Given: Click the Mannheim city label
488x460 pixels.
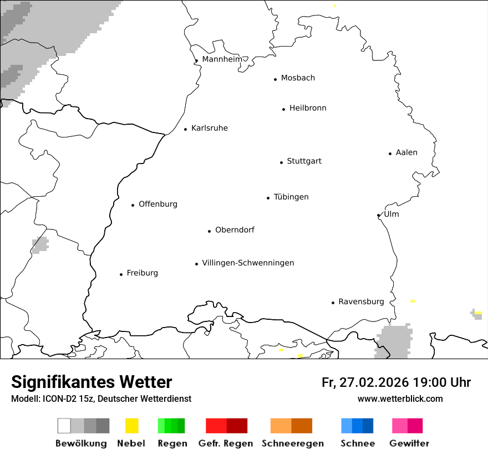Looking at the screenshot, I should coord(222,59).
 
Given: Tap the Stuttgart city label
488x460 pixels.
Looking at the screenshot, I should coord(304,161).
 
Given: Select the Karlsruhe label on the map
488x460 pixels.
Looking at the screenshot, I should coord(209,128).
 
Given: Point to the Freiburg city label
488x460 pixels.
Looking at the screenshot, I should coord(142,273).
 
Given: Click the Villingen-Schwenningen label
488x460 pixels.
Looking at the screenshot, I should coord(248,263).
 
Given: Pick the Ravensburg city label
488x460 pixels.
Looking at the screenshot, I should coord(361,301).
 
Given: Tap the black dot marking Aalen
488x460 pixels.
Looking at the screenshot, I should coord(390,154).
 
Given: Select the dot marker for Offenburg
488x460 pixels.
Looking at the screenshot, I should coord(133,205).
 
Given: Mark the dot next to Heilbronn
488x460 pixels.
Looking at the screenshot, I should coord(284,109).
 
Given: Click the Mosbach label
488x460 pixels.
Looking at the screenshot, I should coord(298,78).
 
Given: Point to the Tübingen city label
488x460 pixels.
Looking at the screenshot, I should coord(291,197).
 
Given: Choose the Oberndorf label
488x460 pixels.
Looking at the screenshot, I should coord(235,230).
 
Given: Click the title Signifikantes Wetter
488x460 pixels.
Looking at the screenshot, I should coord(91,382).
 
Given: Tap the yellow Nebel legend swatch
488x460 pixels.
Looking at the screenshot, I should coord(131,426).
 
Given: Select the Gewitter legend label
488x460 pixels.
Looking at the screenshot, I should coord(409,443).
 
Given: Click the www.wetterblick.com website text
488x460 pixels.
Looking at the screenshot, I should coord(400,399).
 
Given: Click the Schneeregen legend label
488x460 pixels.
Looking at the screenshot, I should coord(293,443).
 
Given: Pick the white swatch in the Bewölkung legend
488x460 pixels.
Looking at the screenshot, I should coord(64,426).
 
